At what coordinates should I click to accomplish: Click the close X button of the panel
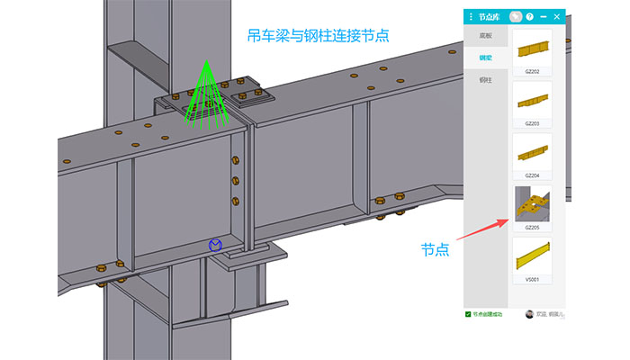tap(557, 16)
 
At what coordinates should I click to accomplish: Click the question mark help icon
tap(530, 16)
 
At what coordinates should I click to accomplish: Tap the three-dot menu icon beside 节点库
tap(470, 16)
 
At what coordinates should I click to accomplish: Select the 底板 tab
tap(485, 36)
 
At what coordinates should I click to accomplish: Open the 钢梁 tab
tap(485, 58)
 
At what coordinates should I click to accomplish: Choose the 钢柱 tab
tap(485, 80)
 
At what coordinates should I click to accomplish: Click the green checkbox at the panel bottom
tap(468, 314)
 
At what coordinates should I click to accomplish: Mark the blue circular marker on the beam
tap(215, 245)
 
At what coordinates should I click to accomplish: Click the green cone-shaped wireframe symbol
tap(206, 94)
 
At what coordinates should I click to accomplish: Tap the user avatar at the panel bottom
tap(529, 314)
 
